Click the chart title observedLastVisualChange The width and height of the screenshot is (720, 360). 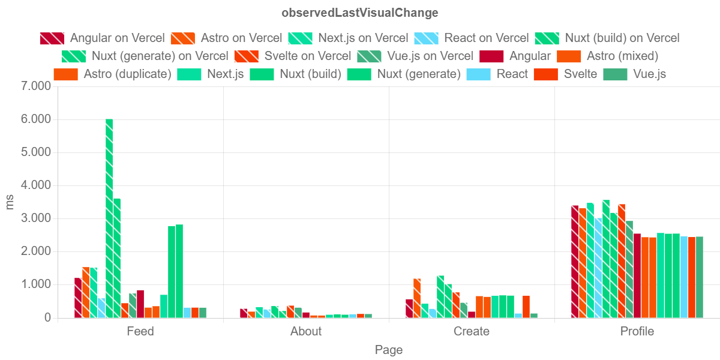pyautogui.click(x=359, y=13)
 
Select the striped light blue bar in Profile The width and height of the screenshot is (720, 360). pyautogui.click(x=598, y=268)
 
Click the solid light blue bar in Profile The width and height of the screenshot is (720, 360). pyautogui.click(x=684, y=277)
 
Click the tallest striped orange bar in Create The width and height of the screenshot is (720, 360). pyautogui.click(x=417, y=298)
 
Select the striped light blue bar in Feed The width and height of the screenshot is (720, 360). pyautogui.click(x=101, y=308)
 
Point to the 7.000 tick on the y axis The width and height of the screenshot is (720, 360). pyautogui.click(x=36, y=86)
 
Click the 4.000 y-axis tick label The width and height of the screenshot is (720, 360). pyautogui.click(x=36, y=185)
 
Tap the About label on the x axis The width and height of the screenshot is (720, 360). pyautogui.click(x=306, y=331)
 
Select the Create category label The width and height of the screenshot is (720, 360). pyautogui.click(x=472, y=331)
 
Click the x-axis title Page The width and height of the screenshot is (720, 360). pyautogui.click(x=389, y=350)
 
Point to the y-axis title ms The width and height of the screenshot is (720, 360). pyautogui.click(x=10, y=202)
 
